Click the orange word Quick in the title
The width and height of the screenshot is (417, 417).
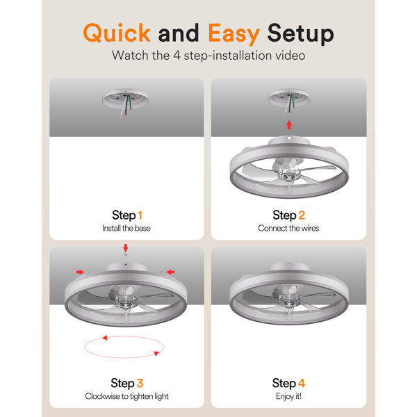[x=117, y=33]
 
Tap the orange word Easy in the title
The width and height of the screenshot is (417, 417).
[x=234, y=33]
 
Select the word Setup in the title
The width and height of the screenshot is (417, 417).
[x=300, y=33]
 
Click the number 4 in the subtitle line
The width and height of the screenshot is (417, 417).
[x=177, y=56]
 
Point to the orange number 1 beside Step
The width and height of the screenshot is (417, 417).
[x=140, y=215]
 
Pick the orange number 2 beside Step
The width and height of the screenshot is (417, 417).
[x=302, y=215]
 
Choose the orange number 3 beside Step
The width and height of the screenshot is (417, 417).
[x=140, y=383]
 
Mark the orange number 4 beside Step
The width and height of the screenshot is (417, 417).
[x=302, y=383]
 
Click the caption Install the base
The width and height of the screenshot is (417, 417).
[x=126, y=228]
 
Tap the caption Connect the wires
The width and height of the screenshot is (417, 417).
[x=288, y=228]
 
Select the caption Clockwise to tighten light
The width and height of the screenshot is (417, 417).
[x=126, y=396]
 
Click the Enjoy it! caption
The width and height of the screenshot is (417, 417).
[x=288, y=396]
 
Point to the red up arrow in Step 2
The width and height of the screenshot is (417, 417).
[x=289, y=124]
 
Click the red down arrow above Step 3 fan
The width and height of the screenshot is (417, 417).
[x=126, y=248]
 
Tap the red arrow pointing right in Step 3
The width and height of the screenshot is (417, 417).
[x=80, y=272]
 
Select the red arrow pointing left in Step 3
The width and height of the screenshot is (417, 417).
[x=170, y=272]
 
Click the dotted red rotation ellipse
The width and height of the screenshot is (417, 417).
[x=124, y=336]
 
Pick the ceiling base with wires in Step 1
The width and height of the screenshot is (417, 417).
[x=126, y=102]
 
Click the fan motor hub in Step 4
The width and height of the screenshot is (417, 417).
[x=288, y=300]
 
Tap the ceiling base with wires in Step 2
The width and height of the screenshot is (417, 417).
[x=289, y=101]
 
